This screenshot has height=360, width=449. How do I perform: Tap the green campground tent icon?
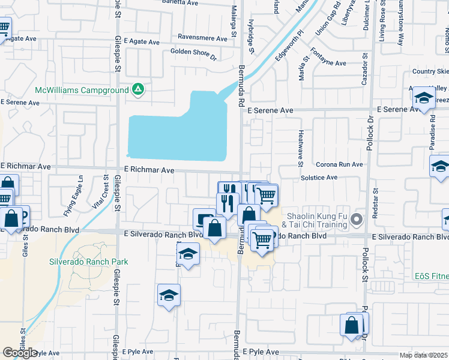138,90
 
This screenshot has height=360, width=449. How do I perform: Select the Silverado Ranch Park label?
98,262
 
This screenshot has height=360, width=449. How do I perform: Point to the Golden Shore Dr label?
193,56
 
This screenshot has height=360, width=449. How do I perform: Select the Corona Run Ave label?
340,164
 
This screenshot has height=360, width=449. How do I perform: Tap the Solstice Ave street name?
319,178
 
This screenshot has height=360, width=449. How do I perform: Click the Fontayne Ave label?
328,62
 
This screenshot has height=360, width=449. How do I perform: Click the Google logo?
20,353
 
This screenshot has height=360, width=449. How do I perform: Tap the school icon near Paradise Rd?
424,99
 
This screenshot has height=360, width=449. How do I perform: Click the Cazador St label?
364,70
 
